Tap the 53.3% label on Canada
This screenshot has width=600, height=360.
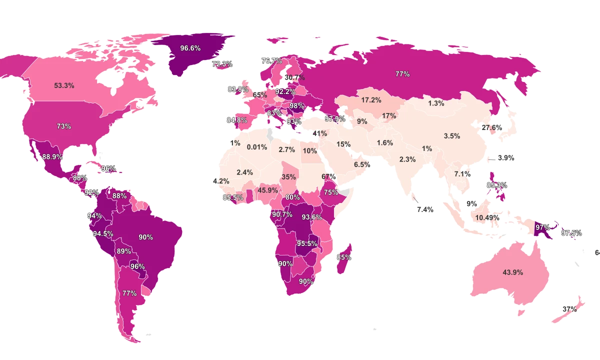coord(64,85)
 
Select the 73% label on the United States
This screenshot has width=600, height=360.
coord(63,126)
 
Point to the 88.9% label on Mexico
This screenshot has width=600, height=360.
coord(52,156)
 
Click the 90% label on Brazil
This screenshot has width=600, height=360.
coord(145,237)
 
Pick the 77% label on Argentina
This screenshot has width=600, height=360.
coord(129,293)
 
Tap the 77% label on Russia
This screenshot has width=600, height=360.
coord(402,74)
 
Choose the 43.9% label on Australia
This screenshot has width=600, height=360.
coord(512,272)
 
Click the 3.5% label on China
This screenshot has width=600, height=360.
coord(451,136)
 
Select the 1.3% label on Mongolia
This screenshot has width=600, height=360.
coord(436,103)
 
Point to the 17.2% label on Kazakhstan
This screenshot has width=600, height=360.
coord(371,100)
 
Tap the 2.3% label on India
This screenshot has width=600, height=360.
coord(407,159)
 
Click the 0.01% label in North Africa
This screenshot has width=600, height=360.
coord(257,147)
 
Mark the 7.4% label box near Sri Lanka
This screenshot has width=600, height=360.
coord(425,209)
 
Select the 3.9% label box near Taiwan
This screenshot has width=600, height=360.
coord(506,157)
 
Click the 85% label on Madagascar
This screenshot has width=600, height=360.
coord(344,257)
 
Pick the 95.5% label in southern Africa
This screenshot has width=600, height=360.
coord(307,243)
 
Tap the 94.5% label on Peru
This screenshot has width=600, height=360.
coord(103,233)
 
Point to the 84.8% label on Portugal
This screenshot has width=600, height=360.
coord(236,120)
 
